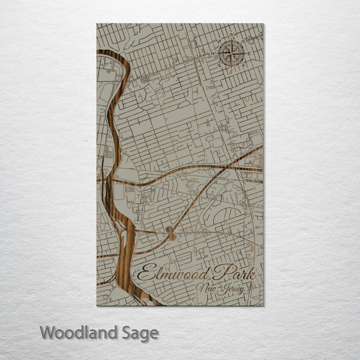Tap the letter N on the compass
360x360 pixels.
tap(231, 35)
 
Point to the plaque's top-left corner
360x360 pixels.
tap(97, 24)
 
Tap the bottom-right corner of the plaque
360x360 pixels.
tap(263, 305)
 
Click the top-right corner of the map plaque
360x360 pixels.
tap(263, 24)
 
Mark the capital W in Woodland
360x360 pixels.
tap(48, 332)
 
